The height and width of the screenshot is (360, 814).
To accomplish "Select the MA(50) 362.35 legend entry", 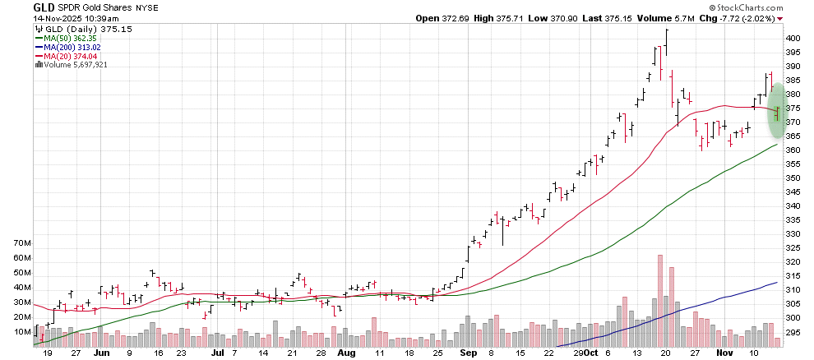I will click(x=68, y=38).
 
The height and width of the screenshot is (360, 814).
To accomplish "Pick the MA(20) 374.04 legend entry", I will click(x=68, y=56).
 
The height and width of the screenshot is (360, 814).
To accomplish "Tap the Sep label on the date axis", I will click(x=468, y=352).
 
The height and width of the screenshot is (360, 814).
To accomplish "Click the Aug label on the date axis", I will click(x=346, y=352).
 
